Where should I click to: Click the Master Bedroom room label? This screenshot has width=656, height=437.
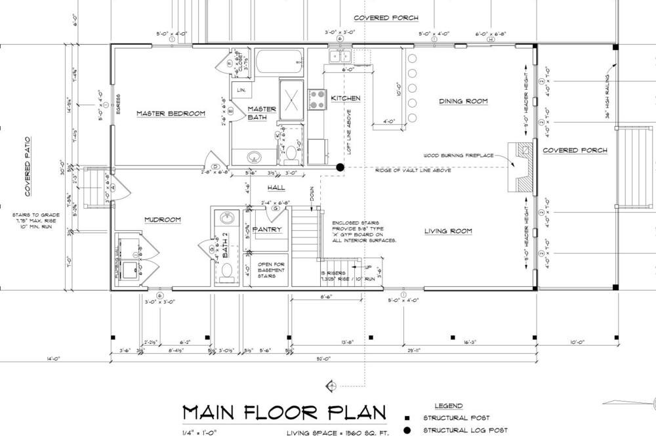(x=171, y=114)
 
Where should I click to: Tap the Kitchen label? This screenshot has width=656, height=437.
(x=346, y=98)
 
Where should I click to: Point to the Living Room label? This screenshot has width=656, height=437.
(x=449, y=230)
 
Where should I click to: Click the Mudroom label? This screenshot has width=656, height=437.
(x=163, y=220)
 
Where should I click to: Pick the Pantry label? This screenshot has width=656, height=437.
(x=267, y=230)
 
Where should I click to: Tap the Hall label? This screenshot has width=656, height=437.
(x=276, y=188)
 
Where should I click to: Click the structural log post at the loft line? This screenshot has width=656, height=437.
(x=340, y=167)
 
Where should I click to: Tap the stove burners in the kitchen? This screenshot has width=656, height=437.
(x=318, y=99)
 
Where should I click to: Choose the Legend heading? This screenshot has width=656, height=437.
(x=448, y=406)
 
